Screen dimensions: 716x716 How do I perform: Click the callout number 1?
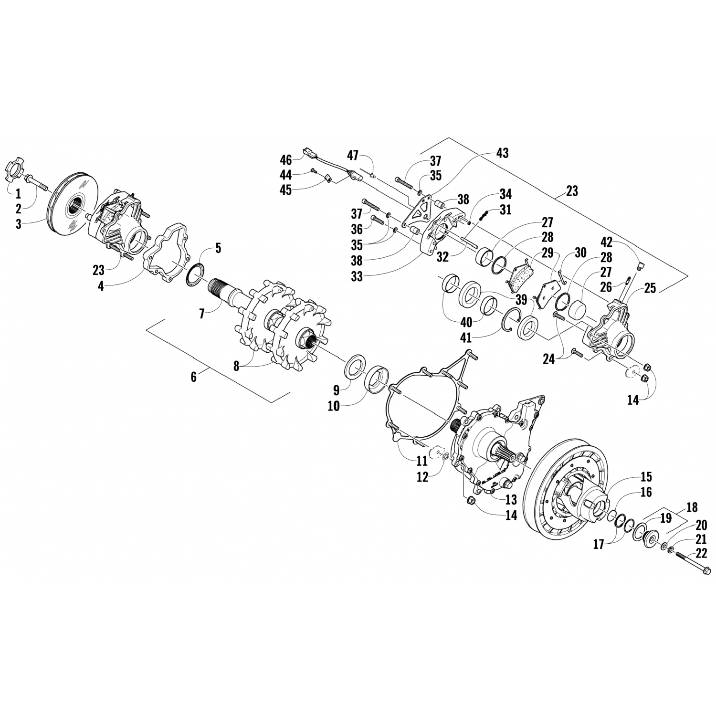point(18,194)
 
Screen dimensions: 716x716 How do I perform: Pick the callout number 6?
point(193,377)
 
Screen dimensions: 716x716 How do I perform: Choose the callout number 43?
point(502,153)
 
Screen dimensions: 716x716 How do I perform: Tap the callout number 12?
point(422,476)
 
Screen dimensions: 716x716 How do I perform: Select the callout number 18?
point(692,507)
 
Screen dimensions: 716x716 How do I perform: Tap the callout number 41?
point(465,338)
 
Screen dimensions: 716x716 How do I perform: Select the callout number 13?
point(511,499)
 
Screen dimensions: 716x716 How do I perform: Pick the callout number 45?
point(286,190)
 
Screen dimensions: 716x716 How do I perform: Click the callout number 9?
point(336,390)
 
